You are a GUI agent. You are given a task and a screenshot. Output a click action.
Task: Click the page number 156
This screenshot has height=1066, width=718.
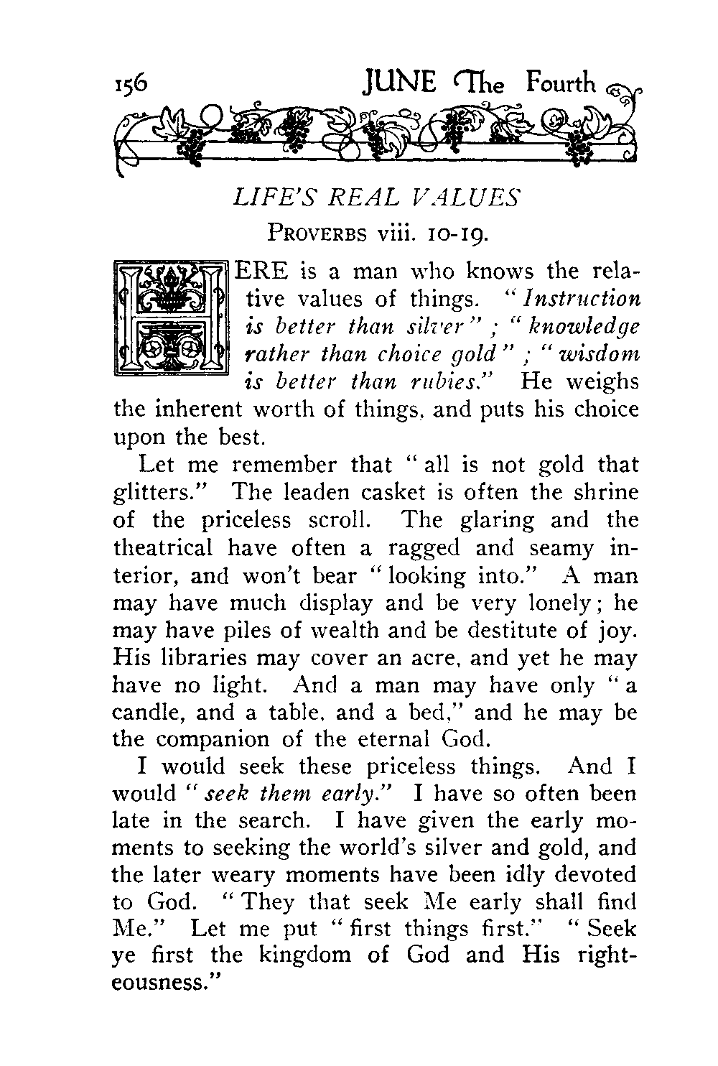tap(131, 85)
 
